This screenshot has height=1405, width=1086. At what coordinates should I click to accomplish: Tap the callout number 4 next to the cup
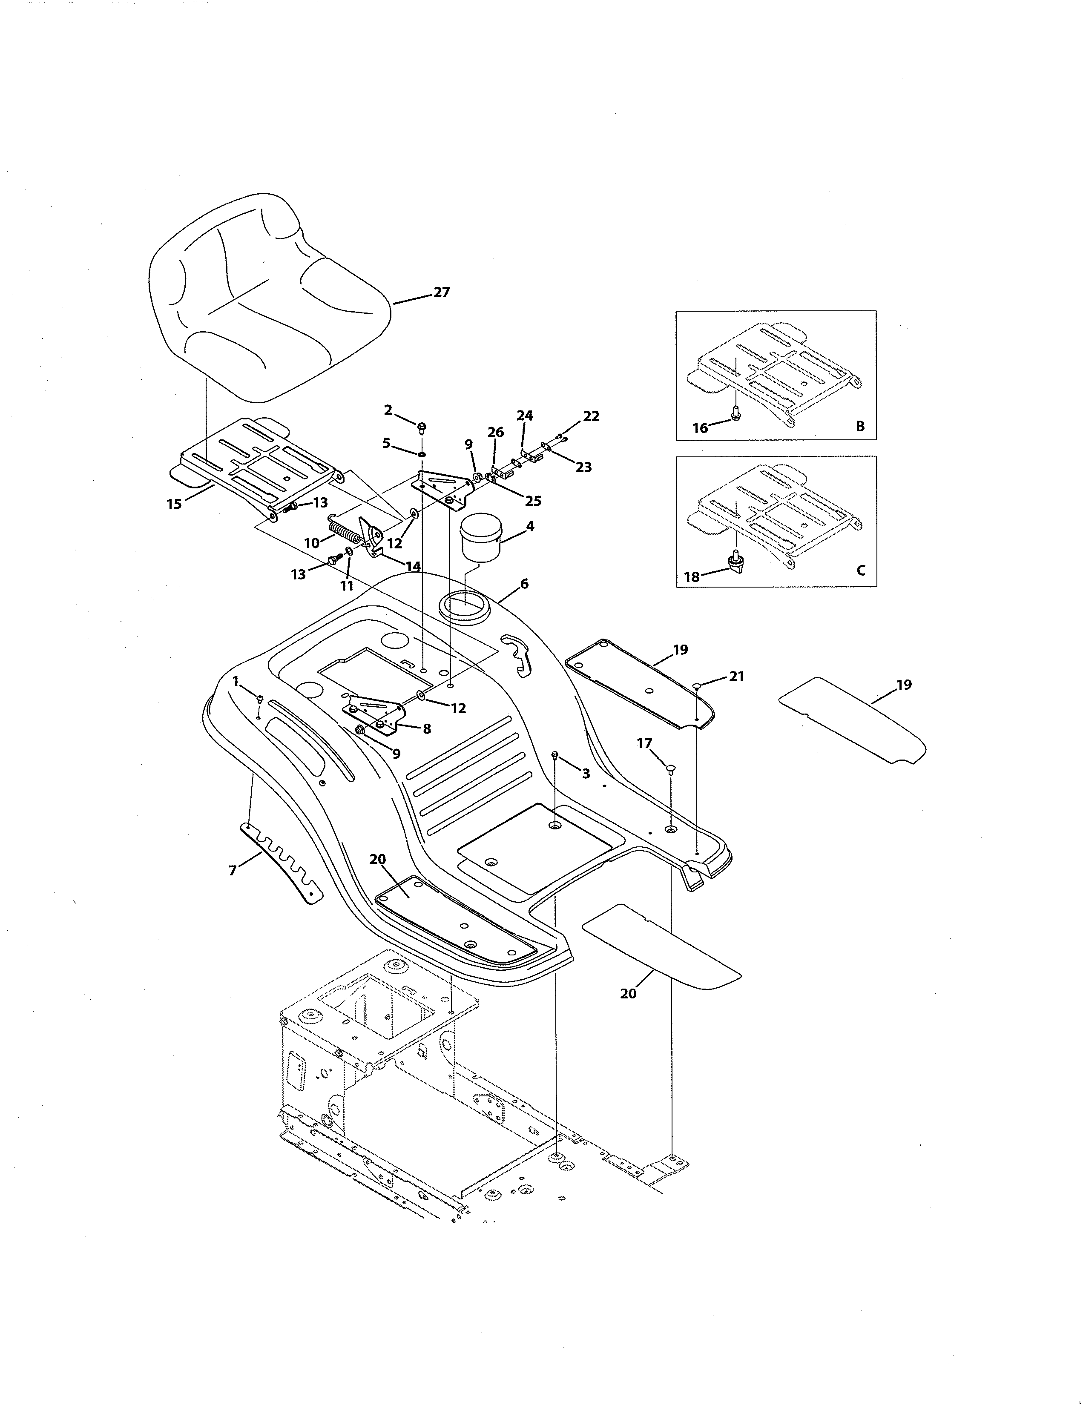(530, 526)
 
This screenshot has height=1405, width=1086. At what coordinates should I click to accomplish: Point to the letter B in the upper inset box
(860, 426)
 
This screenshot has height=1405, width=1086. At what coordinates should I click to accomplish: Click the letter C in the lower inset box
(861, 570)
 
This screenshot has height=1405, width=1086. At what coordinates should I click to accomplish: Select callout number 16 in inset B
(700, 428)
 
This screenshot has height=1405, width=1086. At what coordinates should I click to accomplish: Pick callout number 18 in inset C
(692, 577)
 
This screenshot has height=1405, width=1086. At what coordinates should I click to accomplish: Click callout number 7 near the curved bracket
(233, 870)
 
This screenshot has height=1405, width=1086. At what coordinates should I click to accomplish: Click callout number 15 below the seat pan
(174, 505)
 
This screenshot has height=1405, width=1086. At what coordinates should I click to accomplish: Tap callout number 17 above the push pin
(644, 744)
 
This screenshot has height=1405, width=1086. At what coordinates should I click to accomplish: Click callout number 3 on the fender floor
(586, 774)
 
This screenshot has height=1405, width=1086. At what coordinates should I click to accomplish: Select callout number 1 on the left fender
(236, 681)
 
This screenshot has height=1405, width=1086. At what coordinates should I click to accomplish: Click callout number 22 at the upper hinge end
(591, 416)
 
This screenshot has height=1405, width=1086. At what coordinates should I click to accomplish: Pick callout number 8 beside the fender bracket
(426, 729)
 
